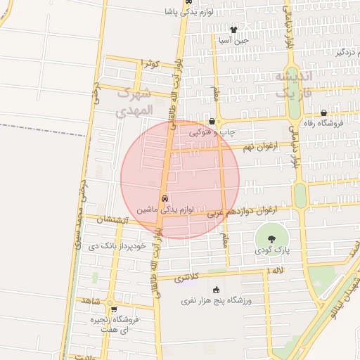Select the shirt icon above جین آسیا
[234, 30]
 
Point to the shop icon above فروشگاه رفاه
[323, 112]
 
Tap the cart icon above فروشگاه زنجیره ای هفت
[113, 308]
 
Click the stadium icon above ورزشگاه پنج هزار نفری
[215, 290]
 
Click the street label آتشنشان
[111, 220]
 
